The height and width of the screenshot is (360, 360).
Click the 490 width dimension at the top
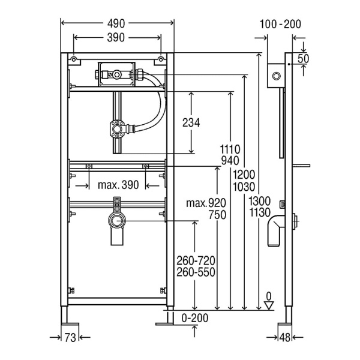116,23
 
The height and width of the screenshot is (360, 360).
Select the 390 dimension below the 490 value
116,37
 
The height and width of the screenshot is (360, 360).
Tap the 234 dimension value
191,122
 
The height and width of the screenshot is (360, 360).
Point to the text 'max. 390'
118,185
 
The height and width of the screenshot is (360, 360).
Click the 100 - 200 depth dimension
280,24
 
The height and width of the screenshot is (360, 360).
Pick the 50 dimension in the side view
303,59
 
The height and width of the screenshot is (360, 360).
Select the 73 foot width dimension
70,337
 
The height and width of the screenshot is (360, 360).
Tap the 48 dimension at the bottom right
285,337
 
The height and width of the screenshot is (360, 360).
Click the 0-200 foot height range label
194,318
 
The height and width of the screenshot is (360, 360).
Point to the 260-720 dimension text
196,261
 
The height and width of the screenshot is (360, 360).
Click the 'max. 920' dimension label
206,203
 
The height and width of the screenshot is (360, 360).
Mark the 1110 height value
230,149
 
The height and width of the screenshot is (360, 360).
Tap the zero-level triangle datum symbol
269,305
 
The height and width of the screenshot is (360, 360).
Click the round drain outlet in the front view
117,221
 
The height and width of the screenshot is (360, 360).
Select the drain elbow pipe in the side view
276,231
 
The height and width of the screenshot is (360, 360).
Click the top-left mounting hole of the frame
74,59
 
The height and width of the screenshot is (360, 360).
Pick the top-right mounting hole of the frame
161,59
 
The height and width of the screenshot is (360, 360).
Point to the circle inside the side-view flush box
276,76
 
